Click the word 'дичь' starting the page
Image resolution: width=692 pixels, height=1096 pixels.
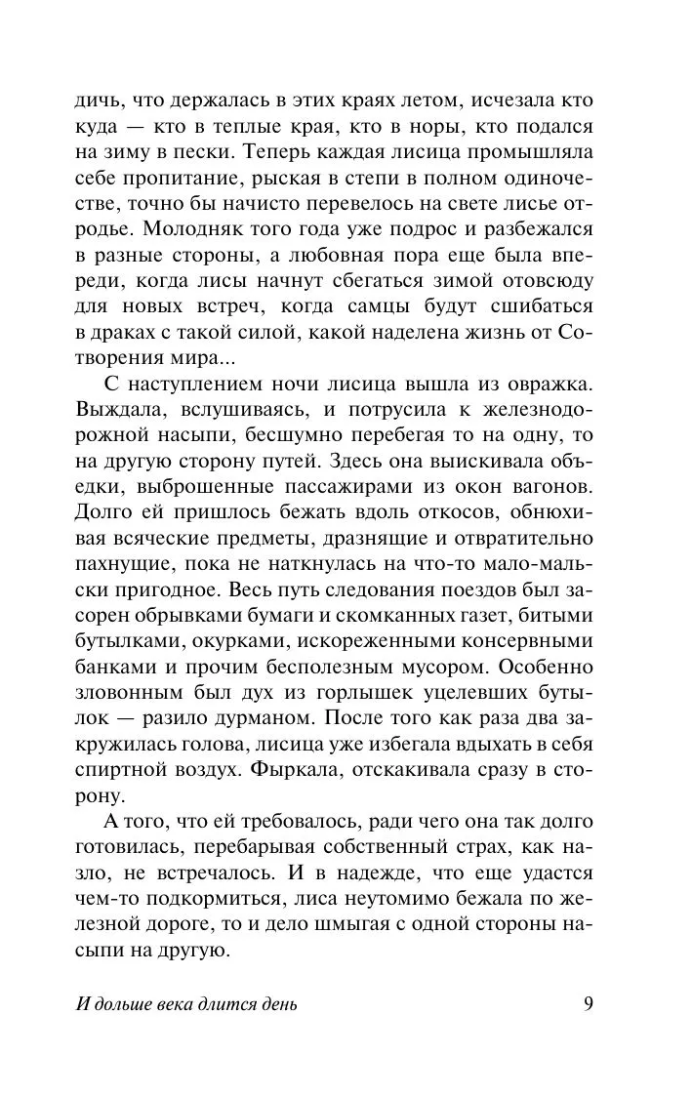click(x=96, y=101)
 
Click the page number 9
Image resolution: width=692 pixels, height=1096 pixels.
click(x=589, y=1004)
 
